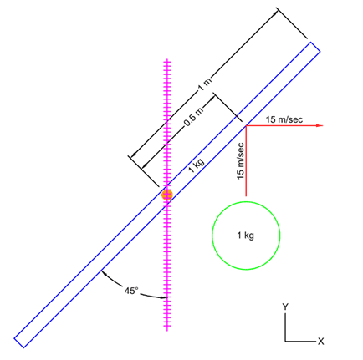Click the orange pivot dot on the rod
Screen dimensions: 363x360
[167, 195]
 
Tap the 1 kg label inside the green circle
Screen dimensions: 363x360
[245, 236]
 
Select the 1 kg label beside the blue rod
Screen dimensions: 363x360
[197, 165]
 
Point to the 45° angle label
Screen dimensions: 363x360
[131, 291]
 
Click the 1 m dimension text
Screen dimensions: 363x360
[205, 84]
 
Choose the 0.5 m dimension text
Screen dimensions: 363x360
[194, 117]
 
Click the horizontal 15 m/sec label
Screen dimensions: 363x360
[284, 119]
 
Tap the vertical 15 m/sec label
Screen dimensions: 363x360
[240, 161]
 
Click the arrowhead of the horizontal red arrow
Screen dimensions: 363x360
[320, 126]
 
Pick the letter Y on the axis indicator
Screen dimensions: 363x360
[285, 307]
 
